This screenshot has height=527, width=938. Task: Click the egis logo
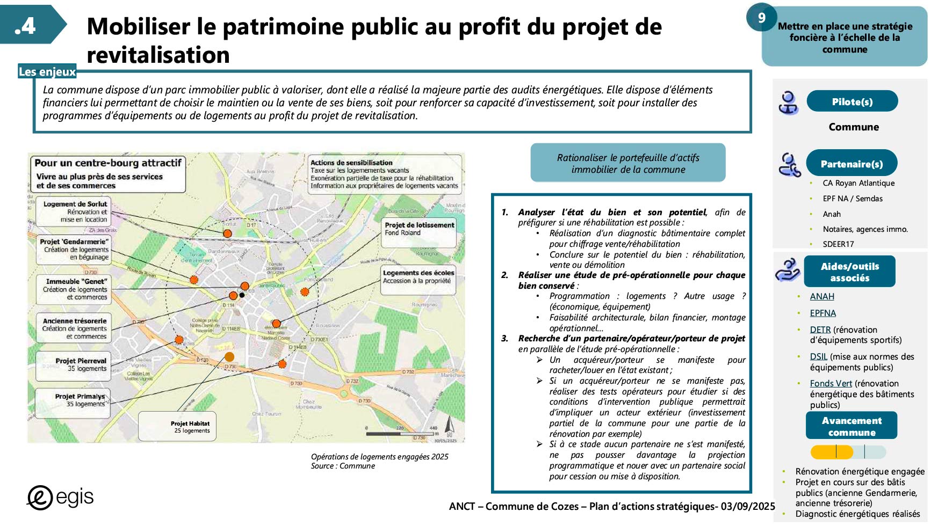60,497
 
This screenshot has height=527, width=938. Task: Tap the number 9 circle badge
761,18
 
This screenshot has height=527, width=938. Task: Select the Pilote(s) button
852,101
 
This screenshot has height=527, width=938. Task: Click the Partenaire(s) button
852,164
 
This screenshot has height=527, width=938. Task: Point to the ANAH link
822,296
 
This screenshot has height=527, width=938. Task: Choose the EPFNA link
822,313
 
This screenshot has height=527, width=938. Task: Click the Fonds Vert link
831,383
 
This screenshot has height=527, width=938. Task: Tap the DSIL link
818,356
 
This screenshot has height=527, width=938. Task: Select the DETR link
820,330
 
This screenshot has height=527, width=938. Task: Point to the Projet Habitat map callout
178,427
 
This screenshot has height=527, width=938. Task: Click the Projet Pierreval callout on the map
74,365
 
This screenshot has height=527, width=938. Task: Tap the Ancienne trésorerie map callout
74,328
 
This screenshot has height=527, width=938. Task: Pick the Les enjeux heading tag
47,72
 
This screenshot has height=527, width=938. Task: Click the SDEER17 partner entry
838,244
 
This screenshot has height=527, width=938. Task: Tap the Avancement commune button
852,426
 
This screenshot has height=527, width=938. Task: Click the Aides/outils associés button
849,272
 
